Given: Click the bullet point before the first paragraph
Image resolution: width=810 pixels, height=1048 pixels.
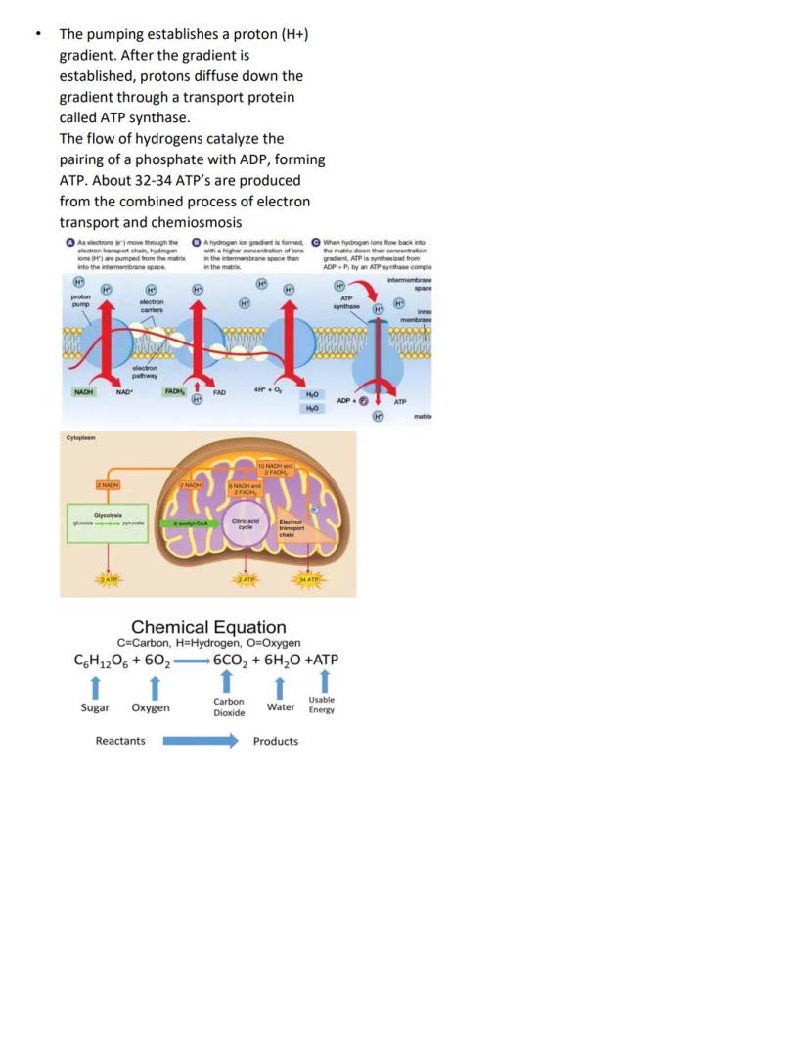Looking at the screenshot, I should point(37,34).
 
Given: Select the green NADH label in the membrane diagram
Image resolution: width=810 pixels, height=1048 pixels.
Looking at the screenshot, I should point(84,392).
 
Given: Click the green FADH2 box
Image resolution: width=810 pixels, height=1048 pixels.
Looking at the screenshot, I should point(176,392).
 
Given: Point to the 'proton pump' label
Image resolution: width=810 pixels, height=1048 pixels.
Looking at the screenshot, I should point(81,300).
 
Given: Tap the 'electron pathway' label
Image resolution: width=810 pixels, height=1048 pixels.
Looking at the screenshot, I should point(146,371).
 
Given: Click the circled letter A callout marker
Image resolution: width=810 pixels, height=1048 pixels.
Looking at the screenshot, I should point(69,242).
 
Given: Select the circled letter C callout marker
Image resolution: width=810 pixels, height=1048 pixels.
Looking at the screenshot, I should point(316,242).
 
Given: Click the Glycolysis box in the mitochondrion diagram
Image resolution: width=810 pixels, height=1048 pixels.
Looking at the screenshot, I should point(108,519).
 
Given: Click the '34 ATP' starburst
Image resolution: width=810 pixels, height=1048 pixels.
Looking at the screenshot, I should point(310,580).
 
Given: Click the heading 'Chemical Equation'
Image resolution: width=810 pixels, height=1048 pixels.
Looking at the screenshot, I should point(208,627).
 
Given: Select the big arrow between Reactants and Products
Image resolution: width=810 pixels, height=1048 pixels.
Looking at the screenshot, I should point(200,741).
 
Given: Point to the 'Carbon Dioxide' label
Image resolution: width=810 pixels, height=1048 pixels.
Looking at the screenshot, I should point(229,707).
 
